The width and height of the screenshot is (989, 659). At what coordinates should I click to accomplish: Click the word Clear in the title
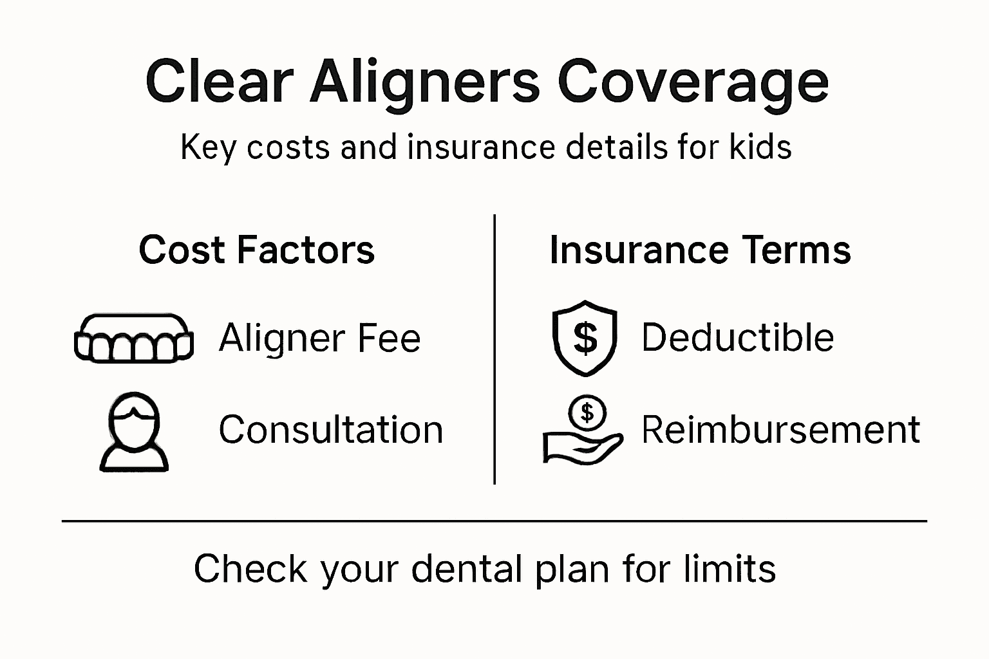pos(219,82)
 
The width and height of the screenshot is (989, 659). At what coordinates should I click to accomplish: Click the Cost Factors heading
pos(256,250)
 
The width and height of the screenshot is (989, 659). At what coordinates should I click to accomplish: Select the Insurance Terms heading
pos(700,250)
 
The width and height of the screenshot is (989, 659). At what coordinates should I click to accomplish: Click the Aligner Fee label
pos(319,338)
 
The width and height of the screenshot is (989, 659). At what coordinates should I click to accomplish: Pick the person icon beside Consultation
pos(134,432)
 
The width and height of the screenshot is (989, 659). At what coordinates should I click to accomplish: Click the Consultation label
pos(331,430)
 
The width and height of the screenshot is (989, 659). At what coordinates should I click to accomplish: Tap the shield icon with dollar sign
pos(585,338)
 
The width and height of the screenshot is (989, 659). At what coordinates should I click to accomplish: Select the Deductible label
pos(737,338)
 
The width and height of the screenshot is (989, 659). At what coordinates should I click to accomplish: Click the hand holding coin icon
pos(583,431)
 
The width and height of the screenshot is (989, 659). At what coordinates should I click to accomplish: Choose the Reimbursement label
pos(780,430)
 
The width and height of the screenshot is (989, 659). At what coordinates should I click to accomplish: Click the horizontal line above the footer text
pos(494,521)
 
